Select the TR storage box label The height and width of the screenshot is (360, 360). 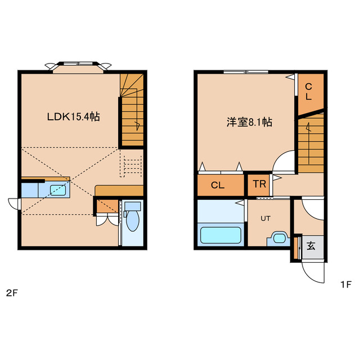click(259, 184)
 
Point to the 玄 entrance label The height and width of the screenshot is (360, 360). click(310, 246)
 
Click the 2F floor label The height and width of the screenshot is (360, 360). click(11, 292)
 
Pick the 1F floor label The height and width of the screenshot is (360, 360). click(345, 285)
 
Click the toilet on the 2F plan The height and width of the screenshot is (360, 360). click(132, 221)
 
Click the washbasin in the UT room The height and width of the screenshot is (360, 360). click(278, 237)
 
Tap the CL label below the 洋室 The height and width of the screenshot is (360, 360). click(218, 184)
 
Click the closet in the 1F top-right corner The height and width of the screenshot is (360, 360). click(310, 92)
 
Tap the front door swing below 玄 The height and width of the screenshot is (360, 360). click(313, 274)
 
